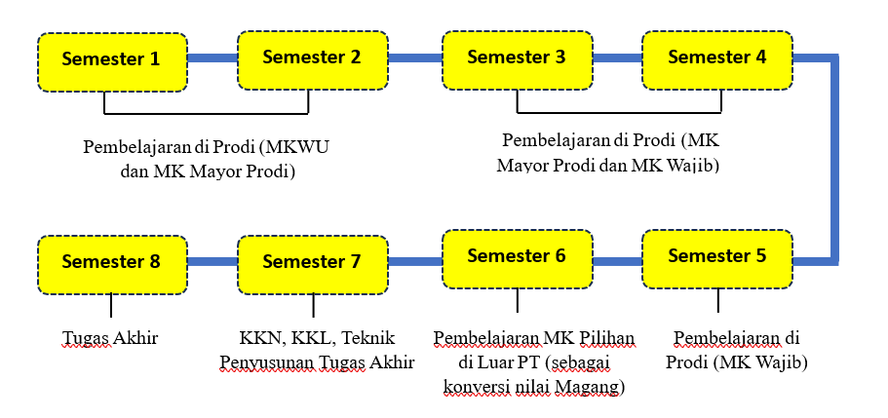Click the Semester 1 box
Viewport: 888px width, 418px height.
pyautogui.click(x=111, y=60)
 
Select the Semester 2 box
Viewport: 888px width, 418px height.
pyautogui.click(x=312, y=58)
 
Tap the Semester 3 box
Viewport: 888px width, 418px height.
pyautogui.click(x=516, y=58)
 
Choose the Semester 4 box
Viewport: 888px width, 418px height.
pyautogui.click(x=716, y=58)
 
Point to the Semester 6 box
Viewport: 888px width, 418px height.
pyautogui.click(x=516, y=258)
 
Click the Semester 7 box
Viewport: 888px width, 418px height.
pyautogui.click(x=312, y=263)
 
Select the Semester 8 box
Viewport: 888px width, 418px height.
pyautogui.click(x=111, y=263)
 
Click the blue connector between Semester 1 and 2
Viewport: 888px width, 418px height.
pyautogui.click(x=212, y=58)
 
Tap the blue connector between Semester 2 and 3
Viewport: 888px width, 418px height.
pyautogui.click(x=414, y=58)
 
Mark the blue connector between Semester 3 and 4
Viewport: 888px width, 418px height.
pyautogui.click(x=616, y=58)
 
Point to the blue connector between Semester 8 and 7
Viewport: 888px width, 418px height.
pyautogui.click(x=212, y=261)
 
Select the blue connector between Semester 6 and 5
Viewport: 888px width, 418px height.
pyautogui.click(x=616, y=261)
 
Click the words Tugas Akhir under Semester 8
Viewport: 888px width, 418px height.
pyautogui.click(x=110, y=339)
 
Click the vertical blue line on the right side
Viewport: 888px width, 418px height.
pyautogui.click(x=834, y=161)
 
